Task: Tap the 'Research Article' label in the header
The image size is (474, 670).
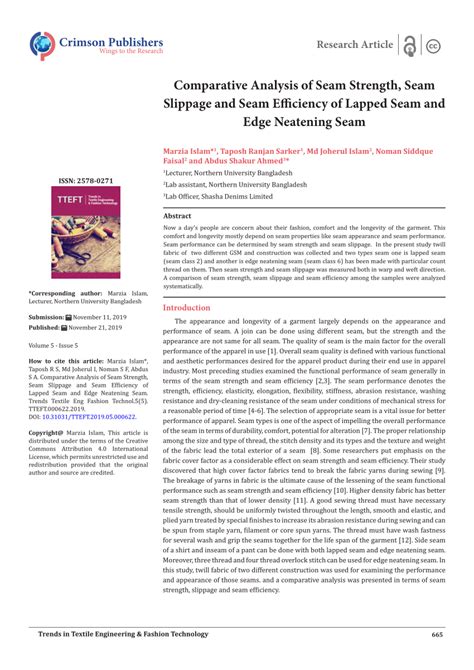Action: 355,45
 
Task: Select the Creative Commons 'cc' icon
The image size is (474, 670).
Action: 435,46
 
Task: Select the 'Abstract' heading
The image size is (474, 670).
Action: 177,216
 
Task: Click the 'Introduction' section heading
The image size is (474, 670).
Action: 187,281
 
